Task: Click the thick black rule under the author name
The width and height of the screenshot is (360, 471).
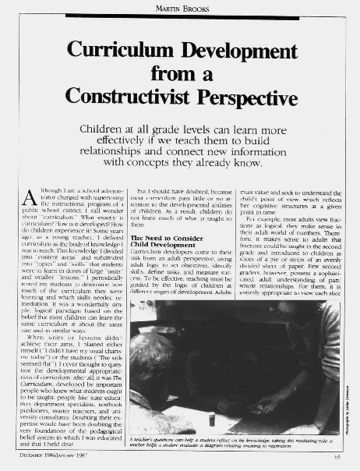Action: tap(179, 16)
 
